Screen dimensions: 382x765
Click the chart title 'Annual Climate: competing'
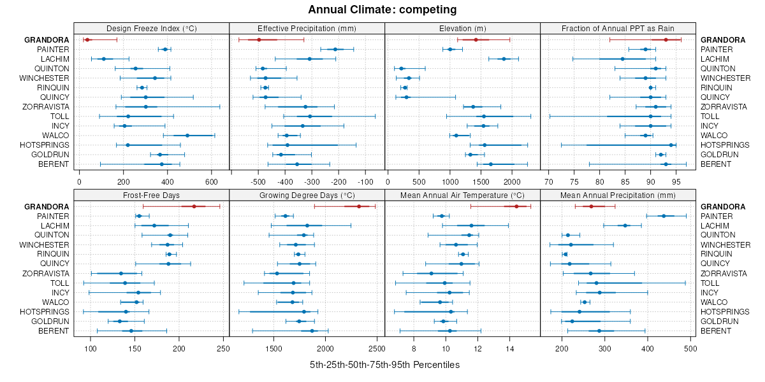point(382,10)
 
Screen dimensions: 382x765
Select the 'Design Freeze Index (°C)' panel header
point(151,28)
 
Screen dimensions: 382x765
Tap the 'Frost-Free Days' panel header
point(151,195)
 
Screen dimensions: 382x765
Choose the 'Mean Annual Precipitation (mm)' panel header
point(618,195)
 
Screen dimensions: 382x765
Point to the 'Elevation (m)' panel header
point(462,28)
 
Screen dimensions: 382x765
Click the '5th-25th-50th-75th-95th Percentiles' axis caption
point(384,365)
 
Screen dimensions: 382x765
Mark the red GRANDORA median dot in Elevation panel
point(476,40)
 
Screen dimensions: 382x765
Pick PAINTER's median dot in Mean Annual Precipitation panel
point(664,216)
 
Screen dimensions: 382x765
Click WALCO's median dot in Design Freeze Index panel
point(187,136)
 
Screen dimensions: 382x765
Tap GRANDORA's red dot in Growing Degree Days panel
point(359,206)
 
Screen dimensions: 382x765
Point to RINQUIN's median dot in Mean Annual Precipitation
point(565,254)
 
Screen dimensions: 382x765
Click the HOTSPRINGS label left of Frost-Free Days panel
point(44,311)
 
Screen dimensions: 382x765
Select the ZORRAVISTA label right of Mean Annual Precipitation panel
point(724,273)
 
